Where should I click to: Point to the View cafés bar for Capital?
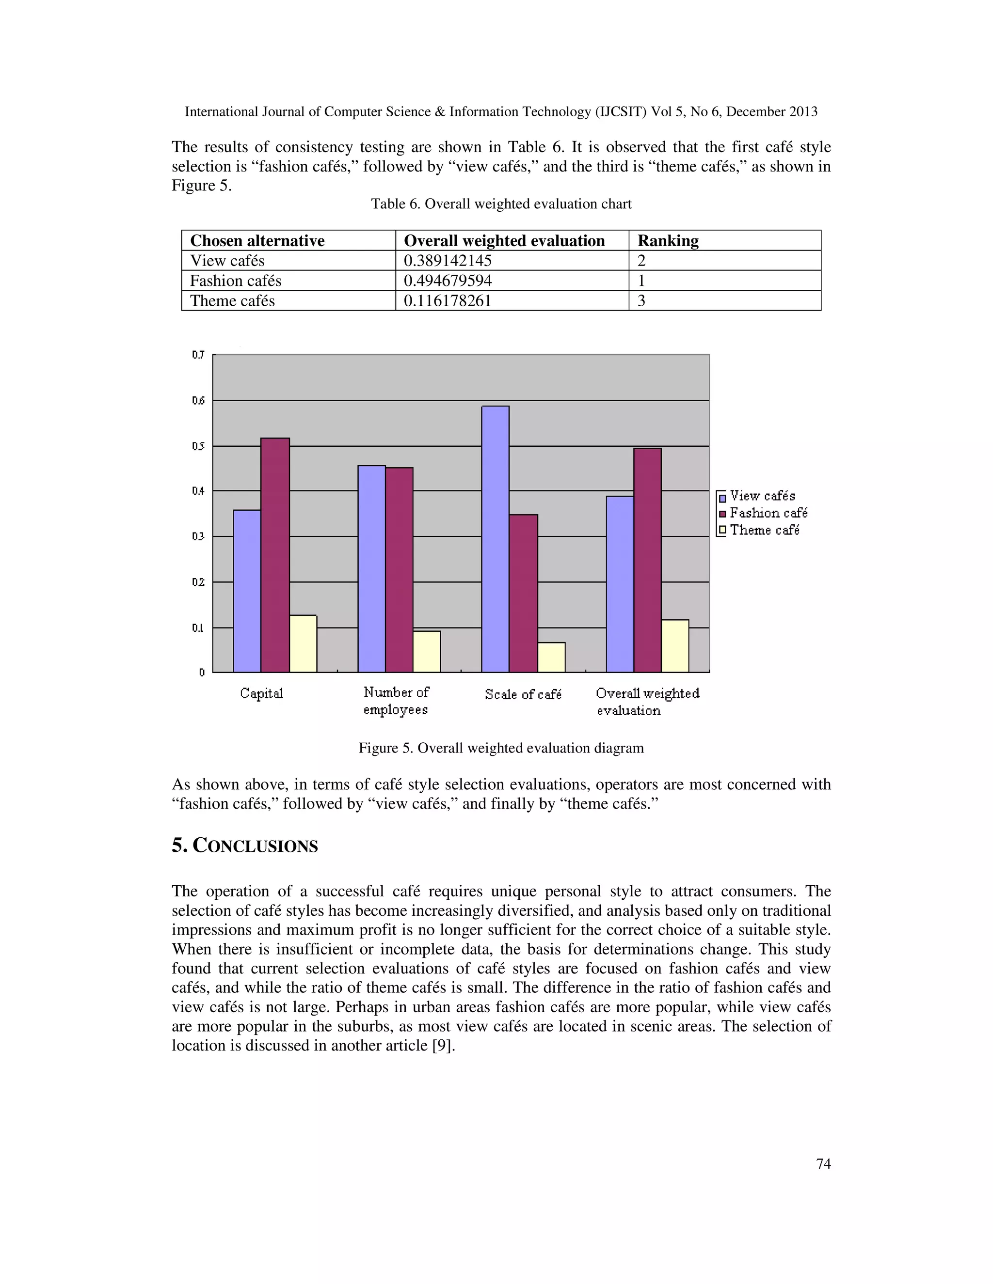pyautogui.click(x=247, y=591)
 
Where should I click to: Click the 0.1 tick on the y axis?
pyautogui.click(x=198, y=628)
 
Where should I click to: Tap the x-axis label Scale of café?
pyautogui.click(x=523, y=694)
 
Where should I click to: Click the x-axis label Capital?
pyautogui.click(x=261, y=693)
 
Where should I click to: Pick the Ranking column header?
pyautogui.click(x=668, y=240)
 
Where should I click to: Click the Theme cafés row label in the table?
pyautogui.click(x=232, y=300)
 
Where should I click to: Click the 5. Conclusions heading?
pyautogui.click(x=245, y=846)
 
